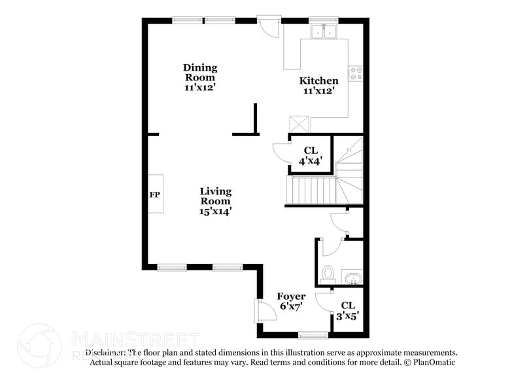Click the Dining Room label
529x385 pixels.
click(x=200, y=77)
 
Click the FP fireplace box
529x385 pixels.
click(x=155, y=194)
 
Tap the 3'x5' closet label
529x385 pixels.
click(x=348, y=310)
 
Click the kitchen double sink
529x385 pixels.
click(x=324, y=31)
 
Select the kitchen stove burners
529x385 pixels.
click(x=356, y=73)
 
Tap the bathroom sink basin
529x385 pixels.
click(x=352, y=279)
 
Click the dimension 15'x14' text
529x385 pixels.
click(x=216, y=211)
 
